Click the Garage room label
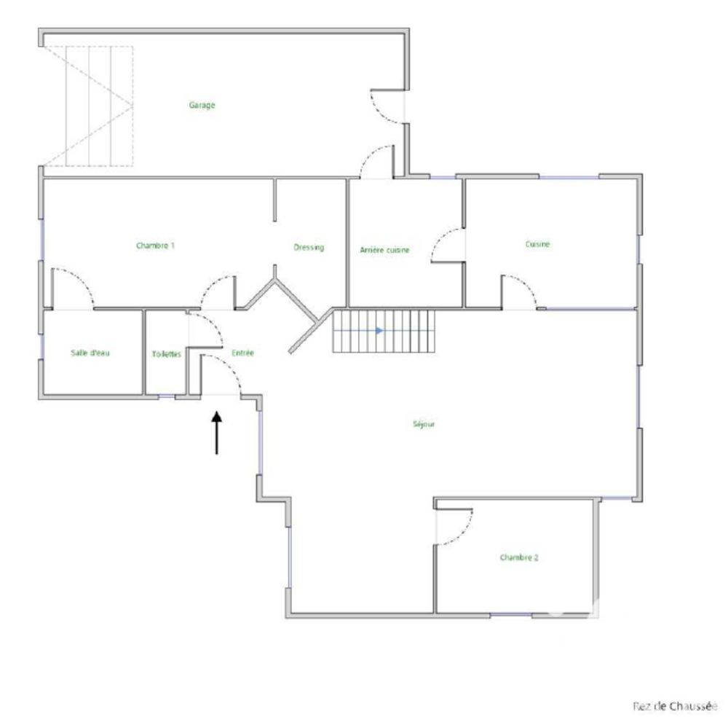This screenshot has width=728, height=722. (202, 105)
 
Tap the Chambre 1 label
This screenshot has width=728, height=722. (155, 246)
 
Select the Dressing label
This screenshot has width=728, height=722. (309, 247)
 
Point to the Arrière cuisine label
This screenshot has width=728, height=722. (385, 250)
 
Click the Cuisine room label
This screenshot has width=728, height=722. (538, 245)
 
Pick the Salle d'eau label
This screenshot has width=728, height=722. (90, 353)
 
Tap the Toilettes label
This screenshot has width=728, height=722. (167, 354)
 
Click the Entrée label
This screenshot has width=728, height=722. (242, 353)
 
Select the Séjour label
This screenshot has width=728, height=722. (424, 424)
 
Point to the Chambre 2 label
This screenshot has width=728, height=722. (519, 557)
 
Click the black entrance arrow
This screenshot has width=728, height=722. (216, 433)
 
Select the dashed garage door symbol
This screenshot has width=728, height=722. (88, 106)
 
